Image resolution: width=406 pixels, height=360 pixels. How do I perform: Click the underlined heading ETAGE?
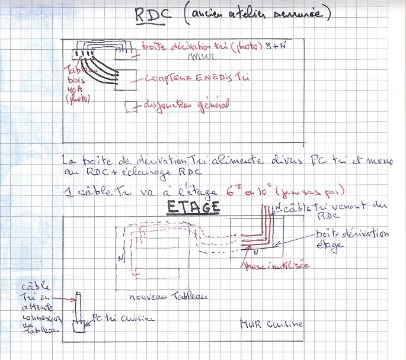[193, 208]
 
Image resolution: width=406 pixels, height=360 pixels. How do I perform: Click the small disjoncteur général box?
[130, 107]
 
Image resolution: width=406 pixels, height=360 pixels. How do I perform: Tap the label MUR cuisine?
[271, 324]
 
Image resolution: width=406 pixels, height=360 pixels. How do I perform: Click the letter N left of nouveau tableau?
[120, 258]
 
